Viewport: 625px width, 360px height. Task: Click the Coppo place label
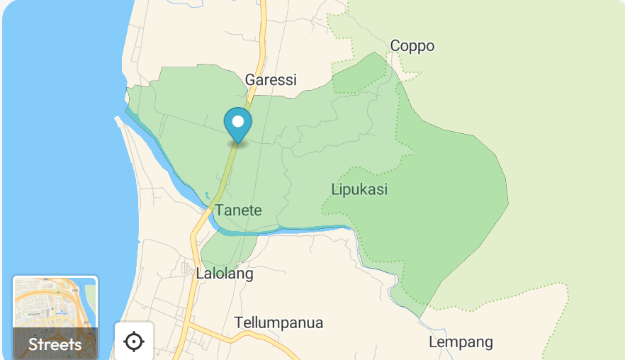[412, 46]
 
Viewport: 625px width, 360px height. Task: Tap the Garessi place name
[271, 79]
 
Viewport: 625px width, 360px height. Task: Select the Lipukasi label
[359, 190]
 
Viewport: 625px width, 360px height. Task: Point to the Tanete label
[239, 210]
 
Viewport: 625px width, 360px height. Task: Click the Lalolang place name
[225, 274]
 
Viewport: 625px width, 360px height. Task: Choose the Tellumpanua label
[278, 323]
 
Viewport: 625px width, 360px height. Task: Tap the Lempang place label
[461, 342]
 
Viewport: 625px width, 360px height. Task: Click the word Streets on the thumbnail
[55, 345]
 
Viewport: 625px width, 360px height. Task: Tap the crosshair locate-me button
[133, 342]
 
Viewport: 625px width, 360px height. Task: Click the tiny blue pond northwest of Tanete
[207, 194]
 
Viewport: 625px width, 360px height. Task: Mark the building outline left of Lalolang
[186, 269]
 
